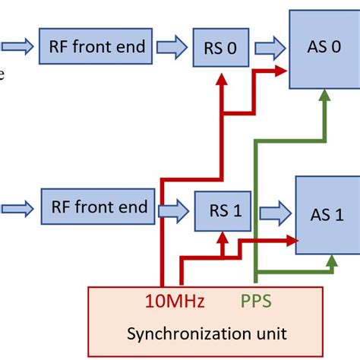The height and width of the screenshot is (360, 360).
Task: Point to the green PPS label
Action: point(257,302)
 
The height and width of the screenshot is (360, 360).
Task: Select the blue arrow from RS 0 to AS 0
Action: point(268,49)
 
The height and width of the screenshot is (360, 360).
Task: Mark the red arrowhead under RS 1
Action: point(222,237)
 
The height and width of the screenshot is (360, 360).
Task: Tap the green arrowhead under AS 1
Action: point(330,261)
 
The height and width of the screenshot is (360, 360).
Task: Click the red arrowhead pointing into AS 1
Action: point(289,240)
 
